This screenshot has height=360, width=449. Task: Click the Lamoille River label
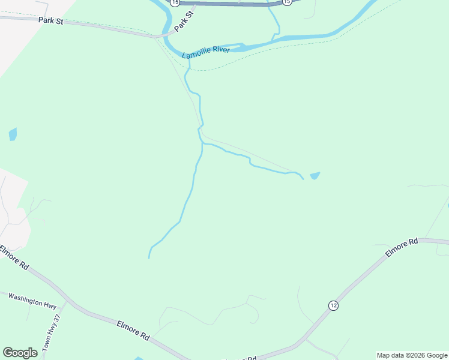pos(206,53)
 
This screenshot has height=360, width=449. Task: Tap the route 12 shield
pos(333,305)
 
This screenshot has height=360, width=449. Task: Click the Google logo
pos(20,353)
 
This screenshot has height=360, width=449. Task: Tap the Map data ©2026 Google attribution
pos(412,355)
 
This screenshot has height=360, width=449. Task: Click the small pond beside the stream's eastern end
pos(315,175)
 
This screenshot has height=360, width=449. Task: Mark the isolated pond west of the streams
pos(13,134)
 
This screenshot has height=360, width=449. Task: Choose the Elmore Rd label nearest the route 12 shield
pos(401,248)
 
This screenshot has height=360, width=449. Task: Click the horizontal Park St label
pos(50,20)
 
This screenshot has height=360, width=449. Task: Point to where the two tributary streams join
pos(201,143)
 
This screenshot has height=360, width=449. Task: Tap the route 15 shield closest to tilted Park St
pos(174,2)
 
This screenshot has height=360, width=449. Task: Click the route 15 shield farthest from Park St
pos(288,2)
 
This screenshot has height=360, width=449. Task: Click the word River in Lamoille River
pos(220,50)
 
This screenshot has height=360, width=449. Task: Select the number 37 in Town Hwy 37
pos(58,319)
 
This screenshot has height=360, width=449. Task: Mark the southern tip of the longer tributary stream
pos(149,258)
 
